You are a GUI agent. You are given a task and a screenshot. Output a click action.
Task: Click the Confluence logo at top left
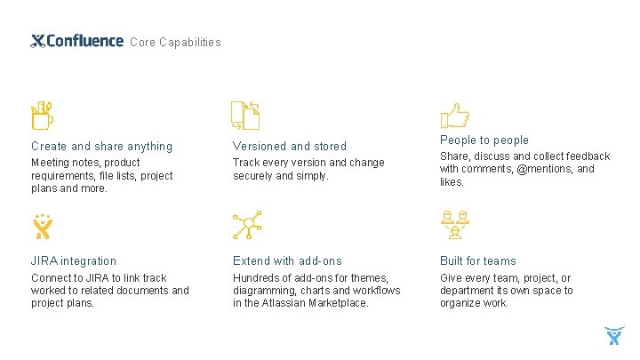(76, 41)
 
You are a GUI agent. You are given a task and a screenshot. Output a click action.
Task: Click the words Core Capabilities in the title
(175, 42)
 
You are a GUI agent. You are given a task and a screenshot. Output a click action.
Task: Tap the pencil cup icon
(42, 115)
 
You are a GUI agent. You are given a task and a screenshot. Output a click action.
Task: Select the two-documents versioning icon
(244, 115)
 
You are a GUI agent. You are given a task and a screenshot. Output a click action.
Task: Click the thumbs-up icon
(454, 115)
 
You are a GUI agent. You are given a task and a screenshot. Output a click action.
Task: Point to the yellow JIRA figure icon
(42, 228)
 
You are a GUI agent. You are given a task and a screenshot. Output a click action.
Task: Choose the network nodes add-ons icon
(245, 227)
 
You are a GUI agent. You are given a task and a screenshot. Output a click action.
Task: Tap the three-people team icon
(454, 226)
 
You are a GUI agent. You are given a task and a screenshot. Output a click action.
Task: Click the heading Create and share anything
(101, 146)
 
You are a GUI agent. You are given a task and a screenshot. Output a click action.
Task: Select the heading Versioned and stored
(290, 146)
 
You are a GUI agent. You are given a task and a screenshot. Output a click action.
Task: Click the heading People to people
(484, 140)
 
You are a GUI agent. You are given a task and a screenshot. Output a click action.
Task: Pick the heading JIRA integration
(74, 260)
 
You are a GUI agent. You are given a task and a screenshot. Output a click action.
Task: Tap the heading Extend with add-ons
(287, 260)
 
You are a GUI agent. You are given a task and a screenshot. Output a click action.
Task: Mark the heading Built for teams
(478, 260)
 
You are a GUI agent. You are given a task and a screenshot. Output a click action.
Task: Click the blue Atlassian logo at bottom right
(614, 336)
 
